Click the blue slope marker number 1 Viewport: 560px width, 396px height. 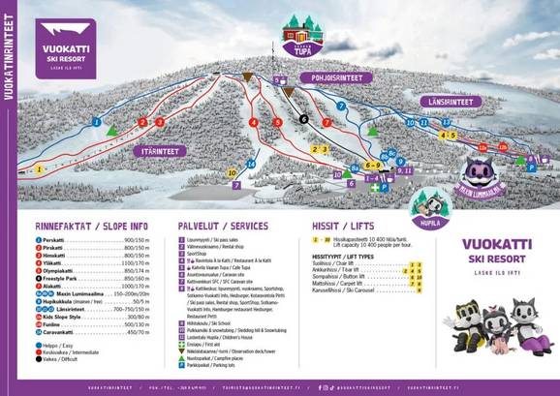tap(97, 122)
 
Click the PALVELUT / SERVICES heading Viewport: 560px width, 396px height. tap(223, 225)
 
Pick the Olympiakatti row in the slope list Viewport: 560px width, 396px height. tap(68, 271)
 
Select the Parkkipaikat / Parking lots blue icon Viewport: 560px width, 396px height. tap(181, 366)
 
